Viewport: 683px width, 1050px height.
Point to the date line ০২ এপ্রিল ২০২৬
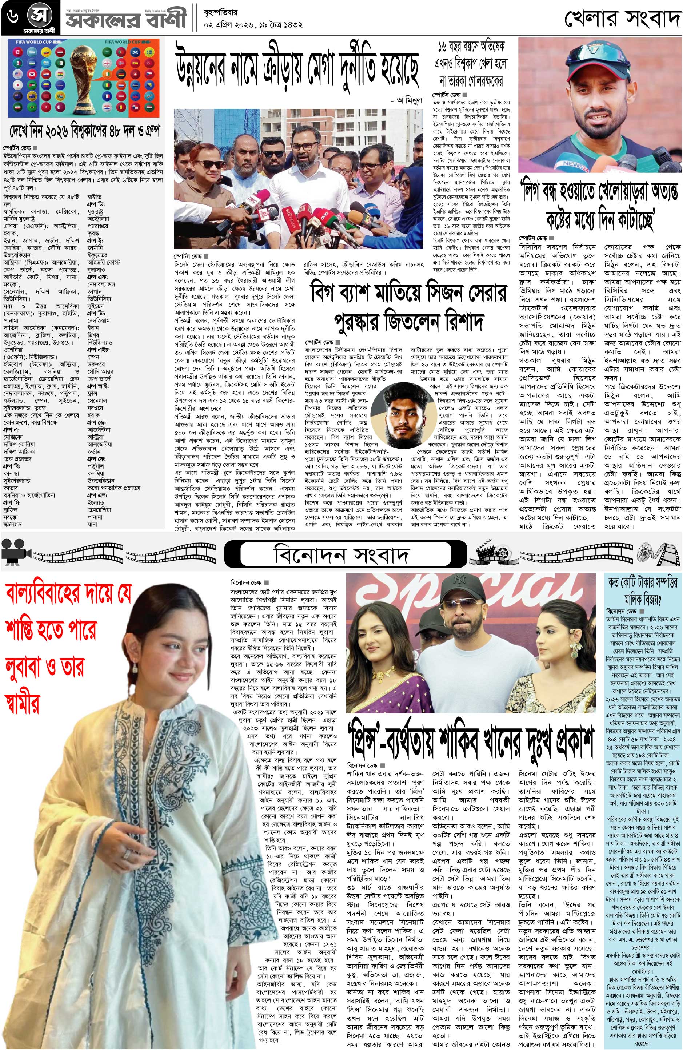tap(234, 25)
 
